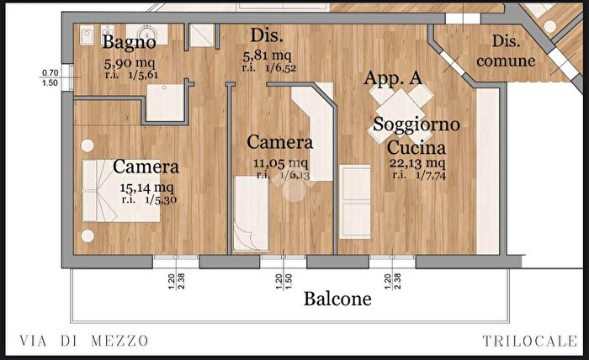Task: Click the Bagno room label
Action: [129, 41]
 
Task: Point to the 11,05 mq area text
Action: [280, 163]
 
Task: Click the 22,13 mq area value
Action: [417, 163]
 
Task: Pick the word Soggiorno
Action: [417, 124]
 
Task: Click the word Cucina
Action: [417, 146]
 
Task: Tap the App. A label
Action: [393, 78]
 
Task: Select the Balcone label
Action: [337, 299]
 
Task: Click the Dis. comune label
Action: [505, 50]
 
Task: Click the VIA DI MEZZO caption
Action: [83, 341]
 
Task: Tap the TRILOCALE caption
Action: [531, 341]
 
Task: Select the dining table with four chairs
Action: [400, 109]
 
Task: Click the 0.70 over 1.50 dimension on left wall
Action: [49, 78]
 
